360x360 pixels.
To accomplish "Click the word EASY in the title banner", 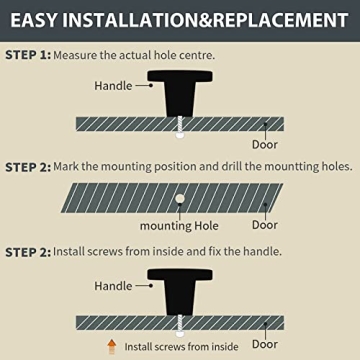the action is point(33,20).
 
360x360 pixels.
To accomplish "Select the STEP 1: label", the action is point(28,55).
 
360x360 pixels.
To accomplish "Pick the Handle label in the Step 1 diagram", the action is point(113,86).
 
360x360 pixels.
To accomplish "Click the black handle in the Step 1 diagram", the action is point(180,93).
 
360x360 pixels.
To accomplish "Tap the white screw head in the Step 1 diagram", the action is point(180,135).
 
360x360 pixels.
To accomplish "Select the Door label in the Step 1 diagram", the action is point(265,144).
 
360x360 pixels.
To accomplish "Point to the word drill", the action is point(232,166).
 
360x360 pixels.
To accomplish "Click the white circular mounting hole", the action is point(180,199).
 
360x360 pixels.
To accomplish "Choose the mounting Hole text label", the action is point(179,226).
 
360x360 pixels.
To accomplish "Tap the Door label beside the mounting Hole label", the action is point(265,225).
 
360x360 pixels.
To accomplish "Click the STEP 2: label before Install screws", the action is point(28,252).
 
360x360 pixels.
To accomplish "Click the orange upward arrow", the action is point(112,346).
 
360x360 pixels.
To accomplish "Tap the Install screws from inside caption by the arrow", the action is point(181,347).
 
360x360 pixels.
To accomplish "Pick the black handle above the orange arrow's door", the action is point(180,292).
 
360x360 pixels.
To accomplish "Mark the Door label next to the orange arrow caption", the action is point(265,344).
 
